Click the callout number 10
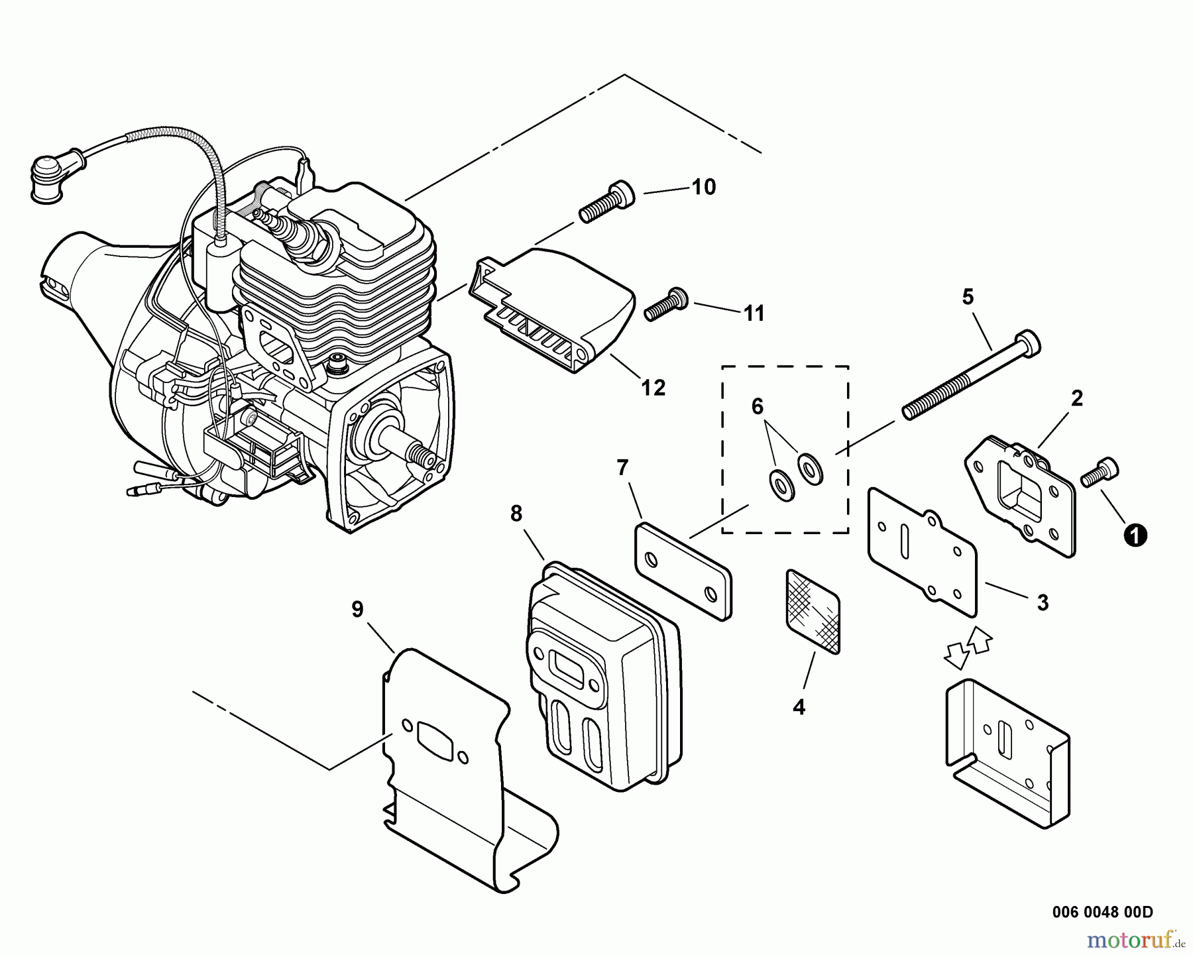coord(704,188)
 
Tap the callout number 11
coord(754,313)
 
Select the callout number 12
coord(653,388)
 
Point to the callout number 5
coord(968,298)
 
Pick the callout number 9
coord(357,609)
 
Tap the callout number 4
coord(799,707)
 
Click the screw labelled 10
coord(606,201)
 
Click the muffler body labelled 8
coord(600,676)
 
